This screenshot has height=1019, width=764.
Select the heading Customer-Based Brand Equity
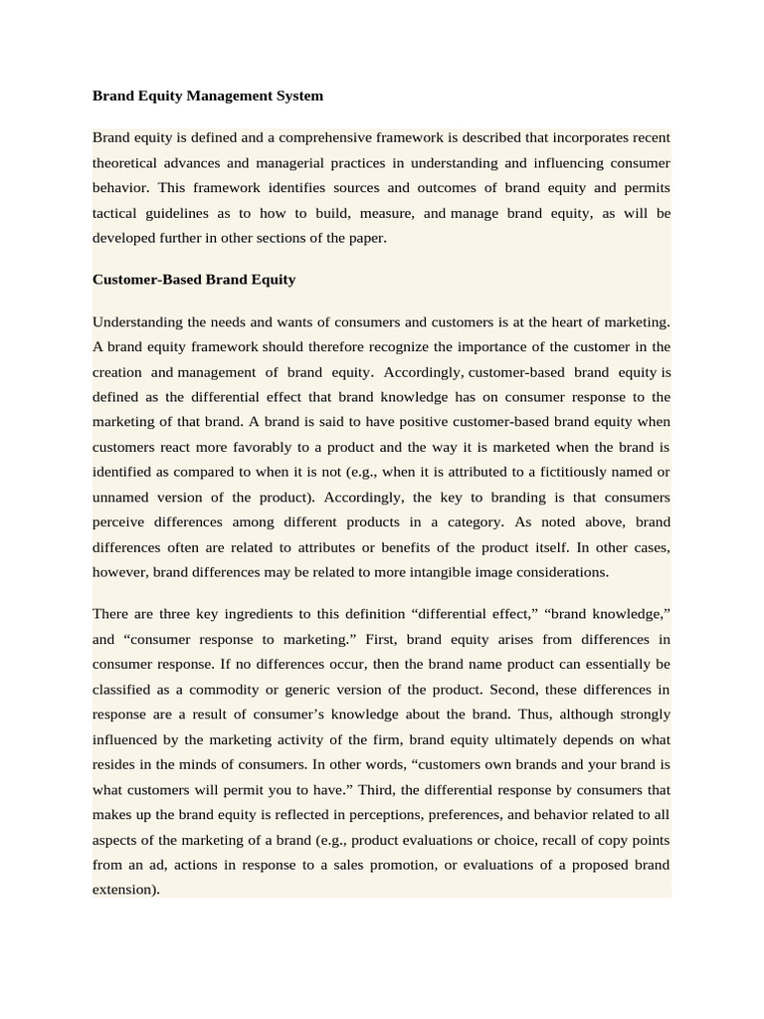pyautogui.click(x=194, y=280)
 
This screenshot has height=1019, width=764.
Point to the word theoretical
pyautogui.click(x=129, y=162)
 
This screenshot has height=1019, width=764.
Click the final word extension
pyautogui.click(x=124, y=890)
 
